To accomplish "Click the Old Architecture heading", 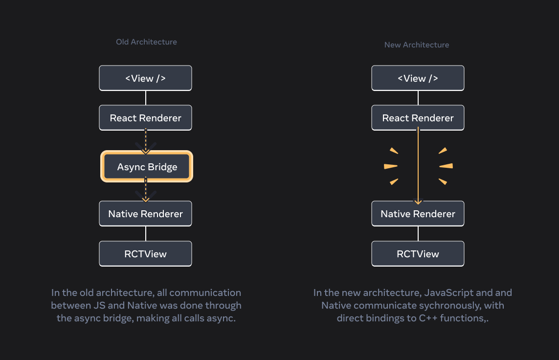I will pyautogui.click(x=146, y=42).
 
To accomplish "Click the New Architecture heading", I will pyautogui.click(x=416, y=45).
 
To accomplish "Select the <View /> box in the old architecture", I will pyautogui.click(x=145, y=78).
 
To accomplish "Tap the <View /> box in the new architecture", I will pyautogui.click(x=418, y=78).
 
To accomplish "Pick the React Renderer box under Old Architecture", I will pyautogui.click(x=145, y=118).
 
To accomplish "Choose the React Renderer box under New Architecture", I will pyautogui.click(x=418, y=118).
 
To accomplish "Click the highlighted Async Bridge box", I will pyautogui.click(x=147, y=167).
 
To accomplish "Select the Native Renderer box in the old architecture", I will pyautogui.click(x=145, y=214).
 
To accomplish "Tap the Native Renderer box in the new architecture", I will pyautogui.click(x=418, y=214).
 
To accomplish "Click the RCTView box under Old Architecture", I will pyautogui.click(x=145, y=254).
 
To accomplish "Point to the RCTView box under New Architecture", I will pyautogui.click(x=418, y=254).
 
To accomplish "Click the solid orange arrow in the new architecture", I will pyautogui.click(x=418, y=166).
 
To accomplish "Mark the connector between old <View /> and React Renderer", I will pyautogui.click(x=146, y=98).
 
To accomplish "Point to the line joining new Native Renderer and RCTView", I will pyautogui.click(x=418, y=234).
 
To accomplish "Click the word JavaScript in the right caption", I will pyautogui.click(x=448, y=293).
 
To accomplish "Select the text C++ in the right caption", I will pyautogui.click(x=412, y=318).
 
